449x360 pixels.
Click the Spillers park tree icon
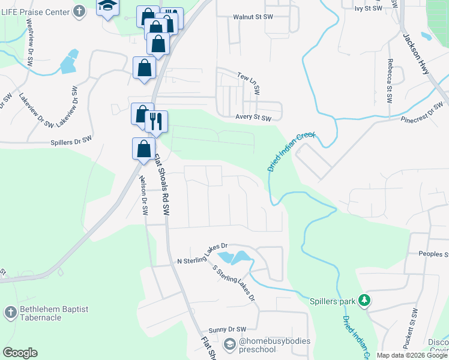pos(363,299)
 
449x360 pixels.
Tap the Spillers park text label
pos(333,301)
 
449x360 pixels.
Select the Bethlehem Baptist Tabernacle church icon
pos(10,312)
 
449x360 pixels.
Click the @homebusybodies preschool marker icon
pos(229,344)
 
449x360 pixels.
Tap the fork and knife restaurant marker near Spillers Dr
pos(156,122)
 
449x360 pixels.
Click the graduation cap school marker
pos(108,6)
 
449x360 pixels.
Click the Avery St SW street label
pos(253,118)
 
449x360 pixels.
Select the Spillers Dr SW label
pos(71,140)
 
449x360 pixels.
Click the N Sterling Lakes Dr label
pos(203,254)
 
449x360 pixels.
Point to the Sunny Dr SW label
pos(228,329)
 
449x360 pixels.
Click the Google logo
pos(20,353)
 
